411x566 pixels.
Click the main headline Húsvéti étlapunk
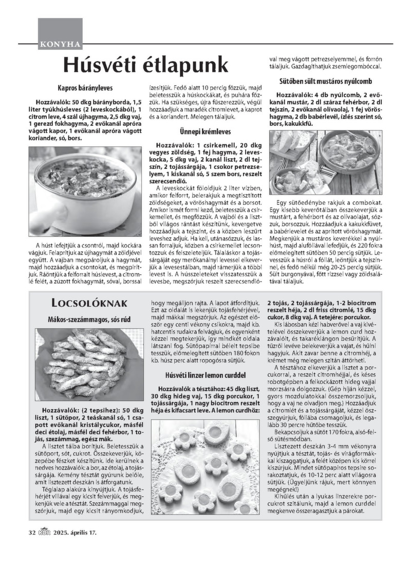(145, 65)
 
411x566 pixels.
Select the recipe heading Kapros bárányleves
(85, 88)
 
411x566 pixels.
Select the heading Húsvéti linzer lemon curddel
(205, 375)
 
